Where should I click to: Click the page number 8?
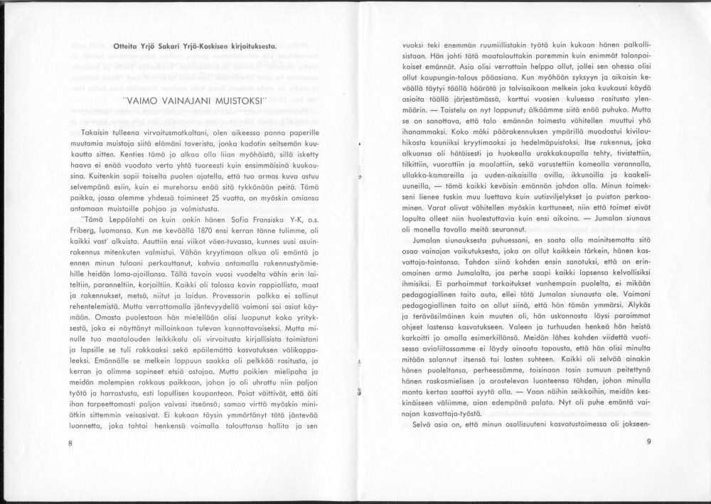coord(71,443)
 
